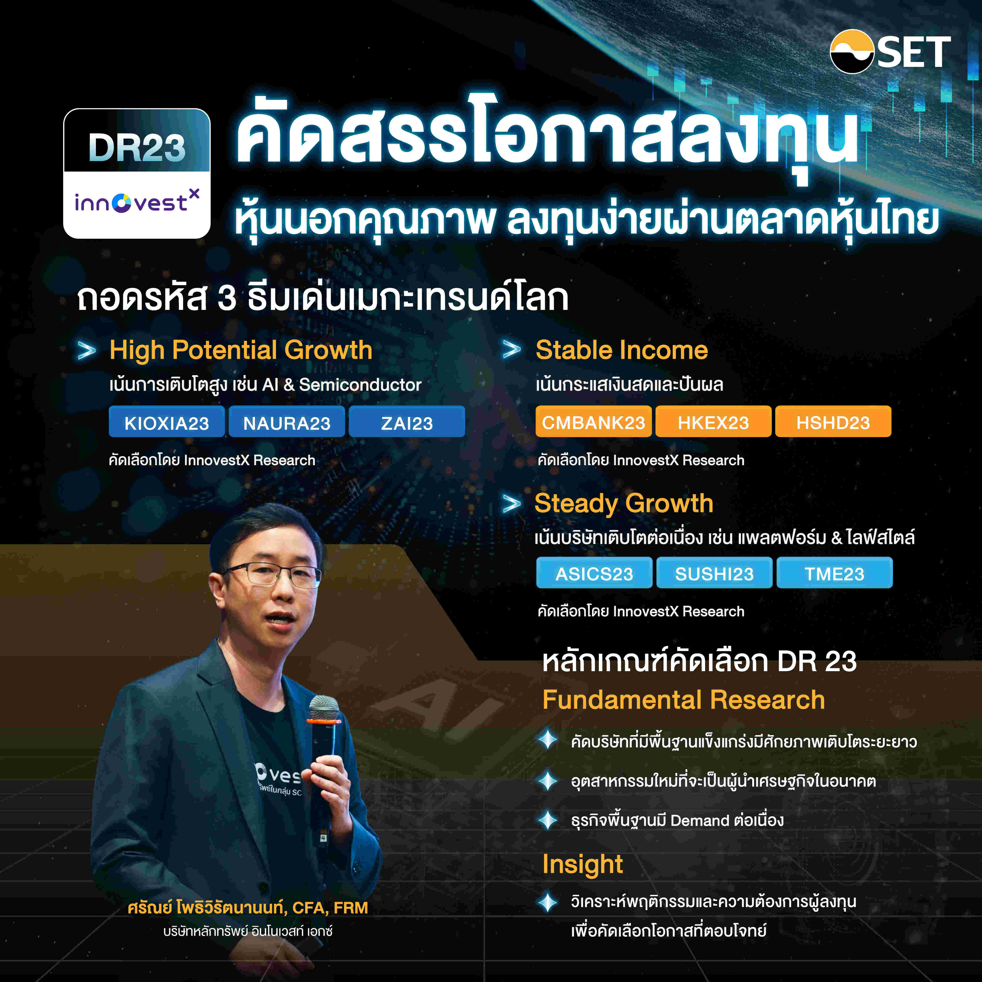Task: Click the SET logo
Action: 889,52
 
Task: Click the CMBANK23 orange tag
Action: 593,422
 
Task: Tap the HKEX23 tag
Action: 713,422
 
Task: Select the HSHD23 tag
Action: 833,422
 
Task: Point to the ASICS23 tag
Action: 594,573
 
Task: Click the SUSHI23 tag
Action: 714,573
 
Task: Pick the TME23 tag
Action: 834,573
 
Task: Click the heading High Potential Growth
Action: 241,350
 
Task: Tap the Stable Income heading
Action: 621,350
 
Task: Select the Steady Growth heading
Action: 624,503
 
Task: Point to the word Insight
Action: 583,864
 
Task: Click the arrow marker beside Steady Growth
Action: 511,504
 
